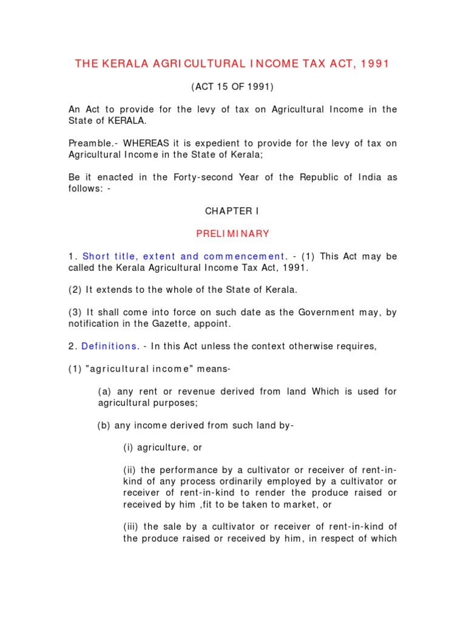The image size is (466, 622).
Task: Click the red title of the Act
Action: tap(233, 64)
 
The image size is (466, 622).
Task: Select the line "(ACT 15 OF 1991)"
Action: tap(233, 87)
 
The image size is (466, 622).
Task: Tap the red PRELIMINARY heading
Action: tap(232, 233)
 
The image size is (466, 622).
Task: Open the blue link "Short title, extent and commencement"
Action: tap(184, 256)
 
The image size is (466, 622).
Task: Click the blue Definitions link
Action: tap(109, 346)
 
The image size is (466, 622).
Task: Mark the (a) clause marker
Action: tap(104, 391)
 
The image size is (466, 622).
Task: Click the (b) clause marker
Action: tap(104, 425)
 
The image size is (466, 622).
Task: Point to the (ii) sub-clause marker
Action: tap(130, 470)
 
